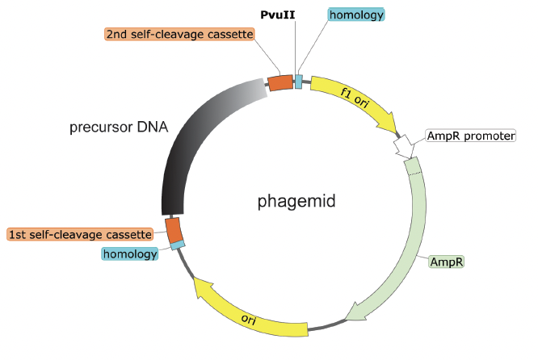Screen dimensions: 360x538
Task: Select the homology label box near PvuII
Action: click(356, 15)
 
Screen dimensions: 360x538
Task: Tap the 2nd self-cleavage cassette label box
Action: click(179, 35)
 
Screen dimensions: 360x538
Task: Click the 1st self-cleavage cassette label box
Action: click(80, 234)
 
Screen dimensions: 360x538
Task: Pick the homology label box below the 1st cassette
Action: click(129, 254)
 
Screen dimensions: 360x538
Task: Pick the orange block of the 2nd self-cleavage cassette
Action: click(280, 82)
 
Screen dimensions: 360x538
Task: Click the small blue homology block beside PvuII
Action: click(299, 82)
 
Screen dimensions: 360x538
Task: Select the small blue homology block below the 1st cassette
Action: click(178, 244)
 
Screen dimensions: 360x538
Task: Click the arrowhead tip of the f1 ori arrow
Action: click(395, 132)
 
